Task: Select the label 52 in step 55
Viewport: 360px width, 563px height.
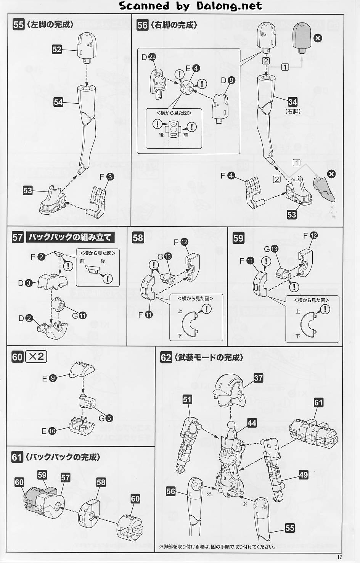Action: coord(57,49)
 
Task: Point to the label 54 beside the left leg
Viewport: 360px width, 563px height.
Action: coord(58,102)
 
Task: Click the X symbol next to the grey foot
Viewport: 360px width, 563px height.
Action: coord(331,174)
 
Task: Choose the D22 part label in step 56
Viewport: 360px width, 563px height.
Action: coord(149,57)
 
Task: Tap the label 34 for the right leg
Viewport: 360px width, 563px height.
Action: coord(292,102)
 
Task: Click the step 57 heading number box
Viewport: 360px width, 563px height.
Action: coord(18,237)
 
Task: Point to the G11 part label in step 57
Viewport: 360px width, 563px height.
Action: coord(79,315)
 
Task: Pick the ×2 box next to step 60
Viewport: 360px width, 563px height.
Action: coord(36,357)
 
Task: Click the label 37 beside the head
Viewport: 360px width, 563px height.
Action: coord(258,378)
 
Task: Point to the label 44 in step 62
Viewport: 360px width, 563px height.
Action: coord(252,423)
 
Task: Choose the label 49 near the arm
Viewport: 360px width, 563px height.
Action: coord(303,475)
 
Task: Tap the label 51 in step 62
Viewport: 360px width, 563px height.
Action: coord(187,399)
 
